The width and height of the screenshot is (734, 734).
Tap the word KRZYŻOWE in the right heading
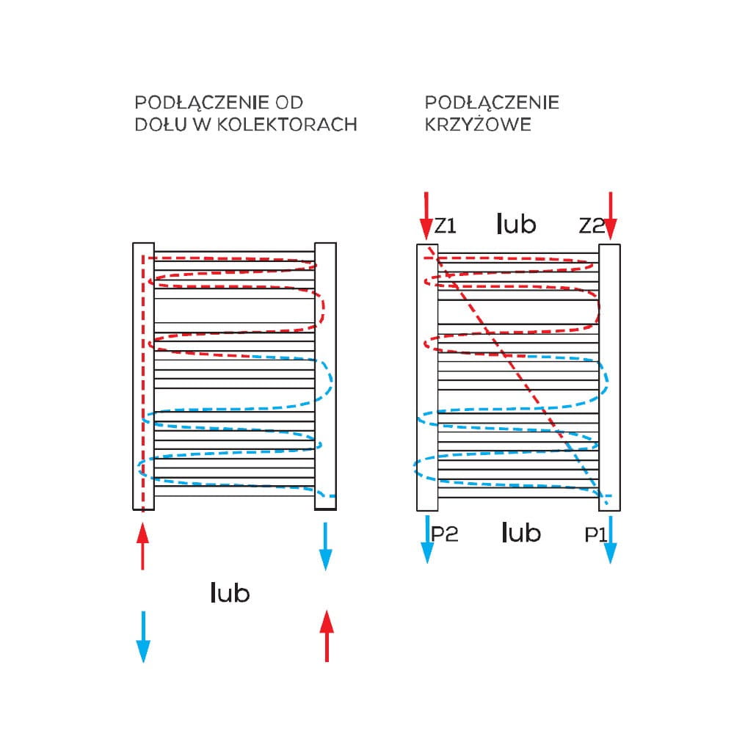[478, 124]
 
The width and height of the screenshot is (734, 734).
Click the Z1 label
[445, 226]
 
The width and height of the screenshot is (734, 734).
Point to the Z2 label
[591, 226]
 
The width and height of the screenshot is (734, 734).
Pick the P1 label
[595, 535]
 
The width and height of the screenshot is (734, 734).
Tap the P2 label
[444, 534]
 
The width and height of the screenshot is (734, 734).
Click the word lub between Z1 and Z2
[516, 223]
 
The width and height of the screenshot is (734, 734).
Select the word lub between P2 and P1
[521, 532]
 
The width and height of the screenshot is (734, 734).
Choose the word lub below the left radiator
[230, 592]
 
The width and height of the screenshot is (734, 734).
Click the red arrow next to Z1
[426, 216]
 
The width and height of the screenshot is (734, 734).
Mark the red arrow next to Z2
[611, 216]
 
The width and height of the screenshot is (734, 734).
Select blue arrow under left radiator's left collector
[143, 636]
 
